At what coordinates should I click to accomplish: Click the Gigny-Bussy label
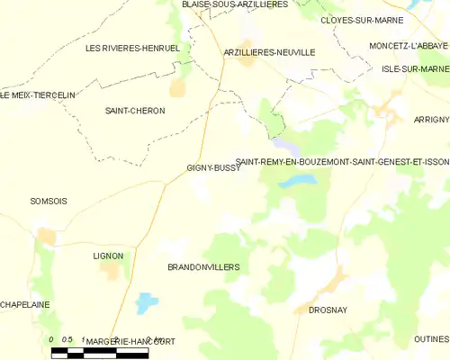point(213,167)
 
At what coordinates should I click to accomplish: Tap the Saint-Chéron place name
point(135,111)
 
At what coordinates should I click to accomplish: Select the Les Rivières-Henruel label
point(131,48)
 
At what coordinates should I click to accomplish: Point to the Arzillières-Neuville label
point(269,52)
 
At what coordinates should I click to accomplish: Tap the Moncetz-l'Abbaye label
point(409,45)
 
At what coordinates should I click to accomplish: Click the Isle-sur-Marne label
point(415,69)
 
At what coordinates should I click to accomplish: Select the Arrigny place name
point(431,117)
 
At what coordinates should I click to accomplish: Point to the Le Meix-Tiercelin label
point(38,94)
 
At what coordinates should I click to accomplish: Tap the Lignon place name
point(108,256)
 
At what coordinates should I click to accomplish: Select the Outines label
point(431,338)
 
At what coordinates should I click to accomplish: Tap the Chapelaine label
point(25,304)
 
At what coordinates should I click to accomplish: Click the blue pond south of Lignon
point(146,303)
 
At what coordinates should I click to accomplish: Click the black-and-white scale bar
point(99,353)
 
